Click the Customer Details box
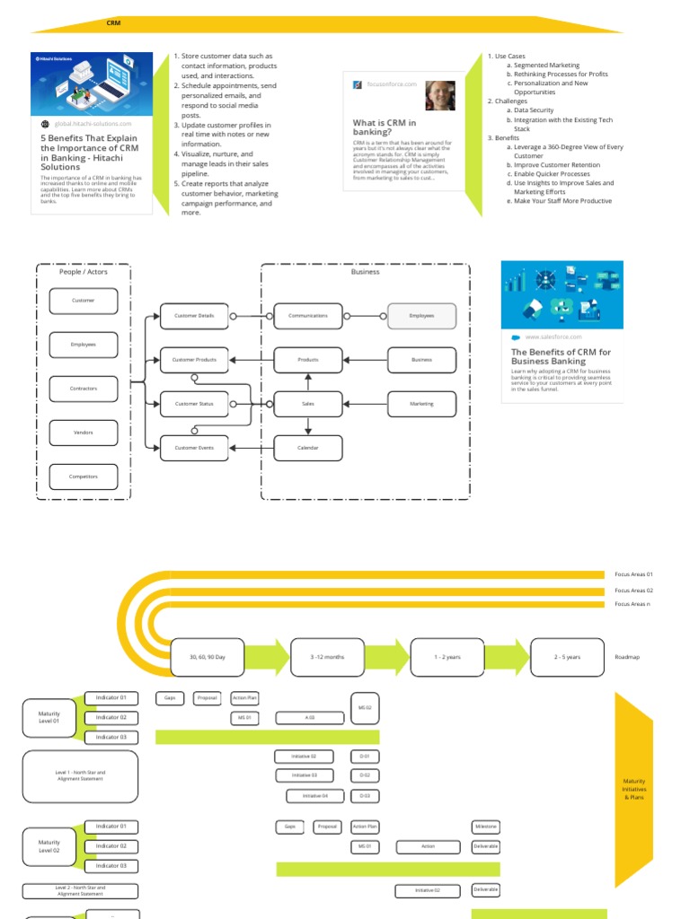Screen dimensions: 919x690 pyautogui.click(x=194, y=316)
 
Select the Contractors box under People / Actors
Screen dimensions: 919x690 pyautogui.click(x=84, y=389)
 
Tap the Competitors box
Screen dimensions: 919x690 pyautogui.click(x=84, y=477)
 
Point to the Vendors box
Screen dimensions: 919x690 pyautogui.click(x=84, y=433)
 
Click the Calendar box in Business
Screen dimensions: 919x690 pyautogui.click(x=308, y=448)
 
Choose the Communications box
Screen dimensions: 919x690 pyautogui.click(x=308, y=316)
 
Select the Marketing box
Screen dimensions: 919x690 pyautogui.click(x=421, y=404)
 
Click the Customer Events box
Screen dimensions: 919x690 pyautogui.click(x=194, y=448)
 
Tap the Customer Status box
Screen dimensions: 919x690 pyautogui.click(x=194, y=404)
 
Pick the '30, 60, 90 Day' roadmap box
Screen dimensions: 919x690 pyautogui.click(x=208, y=657)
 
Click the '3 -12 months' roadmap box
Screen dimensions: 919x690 pyautogui.click(x=328, y=657)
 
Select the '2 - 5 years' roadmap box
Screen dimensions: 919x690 pyautogui.click(x=567, y=657)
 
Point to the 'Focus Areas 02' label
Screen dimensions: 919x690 pyautogui.click(x=633, y=590)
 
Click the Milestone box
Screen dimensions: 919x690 pyautogui.click(x=485, y=827)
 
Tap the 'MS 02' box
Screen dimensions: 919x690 pyautogui.click(x=364, y=707)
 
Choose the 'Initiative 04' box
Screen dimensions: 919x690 pyautogui.click(x=314, y=796)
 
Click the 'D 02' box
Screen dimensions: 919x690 pyautogui.click(x=364, y=775)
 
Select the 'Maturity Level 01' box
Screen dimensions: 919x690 pyautogui.click(x=49, y=717)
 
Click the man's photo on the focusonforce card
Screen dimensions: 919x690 pyautogui.click(x=439, y=95)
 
